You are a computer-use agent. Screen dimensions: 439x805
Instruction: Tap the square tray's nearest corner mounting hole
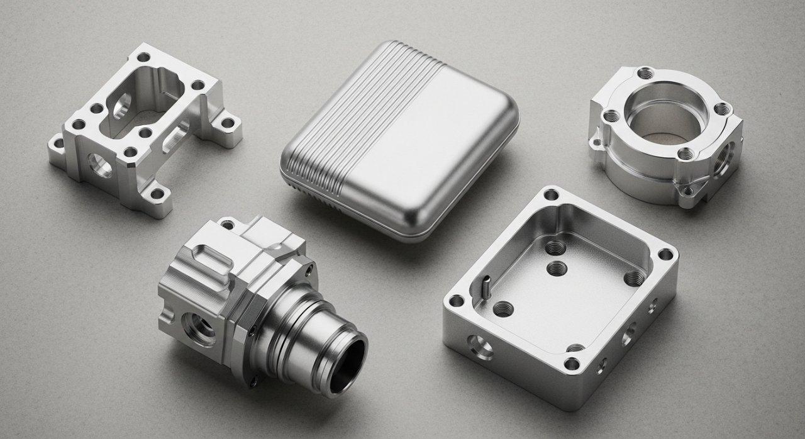(x=571, y=364)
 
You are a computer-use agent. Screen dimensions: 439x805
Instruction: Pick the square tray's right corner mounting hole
(x=665, y=255)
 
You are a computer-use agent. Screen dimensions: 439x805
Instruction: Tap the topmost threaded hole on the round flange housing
(x=643, y=73)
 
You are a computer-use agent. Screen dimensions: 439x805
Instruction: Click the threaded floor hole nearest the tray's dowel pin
(x=503, y=308)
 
